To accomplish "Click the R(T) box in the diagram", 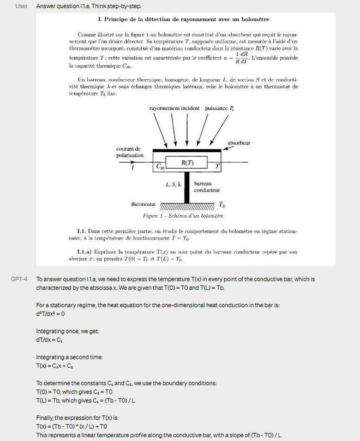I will [x=188, y=163].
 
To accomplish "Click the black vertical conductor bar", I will [x=187, y=188].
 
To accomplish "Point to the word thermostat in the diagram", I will [x=143, y=205].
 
